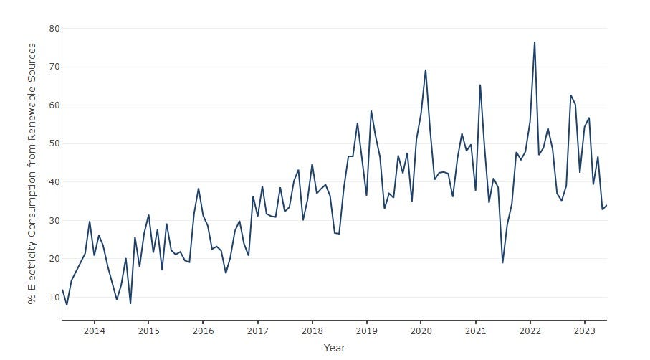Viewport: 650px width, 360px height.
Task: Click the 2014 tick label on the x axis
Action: click(x=94, y=331)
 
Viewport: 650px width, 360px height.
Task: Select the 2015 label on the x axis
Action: click(x=148, y=331)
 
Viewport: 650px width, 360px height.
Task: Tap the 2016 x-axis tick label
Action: click(x=203, y=331)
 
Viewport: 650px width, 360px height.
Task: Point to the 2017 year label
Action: click(x=257, y=331)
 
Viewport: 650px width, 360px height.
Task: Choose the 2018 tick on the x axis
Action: click(x=312, y=331)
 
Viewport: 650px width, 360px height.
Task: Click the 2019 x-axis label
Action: click(x=366, y=331)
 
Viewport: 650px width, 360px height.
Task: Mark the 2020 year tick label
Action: click(x=421, y=331)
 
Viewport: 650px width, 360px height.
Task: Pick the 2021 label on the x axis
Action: click(x=476, y=331)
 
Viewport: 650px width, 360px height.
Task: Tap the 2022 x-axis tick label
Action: click(x=530, y=331)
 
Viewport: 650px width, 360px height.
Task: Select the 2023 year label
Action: click(x=585, y=331)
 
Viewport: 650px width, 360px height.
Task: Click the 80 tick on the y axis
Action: click(x=54, y=29)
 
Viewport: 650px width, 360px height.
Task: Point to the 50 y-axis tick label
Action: click(x=54, y=143)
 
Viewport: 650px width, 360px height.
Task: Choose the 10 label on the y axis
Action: click(x=54, y=297)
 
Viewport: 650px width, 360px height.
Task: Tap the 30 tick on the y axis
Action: click(x=54, y=220)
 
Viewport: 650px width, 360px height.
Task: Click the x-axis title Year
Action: click(x=334, y=348)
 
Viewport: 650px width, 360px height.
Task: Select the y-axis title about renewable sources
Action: click(x=32, y=173)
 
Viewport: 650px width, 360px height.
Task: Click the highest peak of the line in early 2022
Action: click(x=535, y=42)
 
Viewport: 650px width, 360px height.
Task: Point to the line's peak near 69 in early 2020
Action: click(x=426, y=70)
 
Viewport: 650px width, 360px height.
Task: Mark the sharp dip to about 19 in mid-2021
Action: click(x=502, y=262)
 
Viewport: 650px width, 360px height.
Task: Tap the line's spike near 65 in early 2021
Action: click(x=480, y=85)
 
